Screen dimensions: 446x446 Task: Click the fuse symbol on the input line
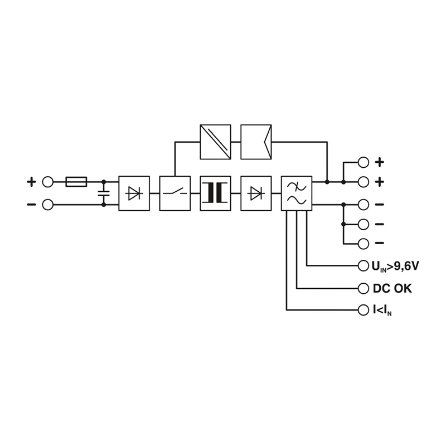tap(76, 182)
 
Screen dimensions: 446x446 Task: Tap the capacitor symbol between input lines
tap(104, 193)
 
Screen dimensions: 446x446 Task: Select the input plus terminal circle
tap(48, 182)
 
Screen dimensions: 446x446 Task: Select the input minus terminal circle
tap(48, 205)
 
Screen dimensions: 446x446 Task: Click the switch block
tap(175, 193)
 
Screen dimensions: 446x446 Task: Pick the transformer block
tap(215, 193)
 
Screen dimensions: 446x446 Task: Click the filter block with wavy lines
tap(297, 193)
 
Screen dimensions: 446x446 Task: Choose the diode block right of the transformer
tap(256, 193)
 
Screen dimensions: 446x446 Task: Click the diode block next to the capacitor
tap(134, 193)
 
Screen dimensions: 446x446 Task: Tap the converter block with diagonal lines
tap(215, 142)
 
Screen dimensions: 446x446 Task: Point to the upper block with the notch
tap(256, 142)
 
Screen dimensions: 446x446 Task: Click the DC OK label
tap(392, 288)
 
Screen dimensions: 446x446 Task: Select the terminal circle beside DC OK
tap(363, 288)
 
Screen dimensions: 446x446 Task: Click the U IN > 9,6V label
tap(395, 266)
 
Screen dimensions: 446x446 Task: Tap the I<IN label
tap(382, 311)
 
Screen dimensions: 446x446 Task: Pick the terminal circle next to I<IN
tap(363, 310)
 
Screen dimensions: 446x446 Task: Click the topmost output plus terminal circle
tap(363, 162)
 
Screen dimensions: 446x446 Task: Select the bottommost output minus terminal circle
tap(363, 244)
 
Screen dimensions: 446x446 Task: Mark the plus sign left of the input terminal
tap(31, 182)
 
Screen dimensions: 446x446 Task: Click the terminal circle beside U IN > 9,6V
tap(363, 266)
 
